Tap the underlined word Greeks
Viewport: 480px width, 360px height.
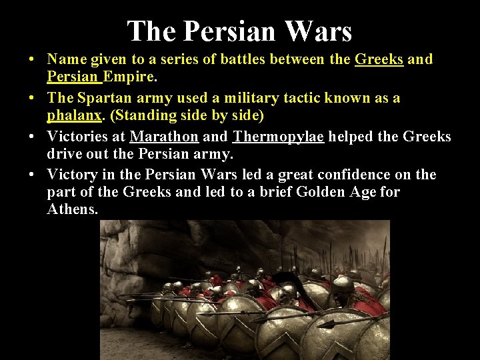(x=379, y=59)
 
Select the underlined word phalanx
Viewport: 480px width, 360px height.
(x=74, y=116)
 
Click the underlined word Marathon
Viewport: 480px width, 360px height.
(x=164, y=137)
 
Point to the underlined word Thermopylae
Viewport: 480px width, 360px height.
(x=278, y=137)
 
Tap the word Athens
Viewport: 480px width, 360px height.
(x=73, y=209)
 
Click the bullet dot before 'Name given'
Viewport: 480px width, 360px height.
(x=32, y=60)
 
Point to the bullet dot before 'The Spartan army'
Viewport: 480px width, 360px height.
(x=32, y=99)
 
